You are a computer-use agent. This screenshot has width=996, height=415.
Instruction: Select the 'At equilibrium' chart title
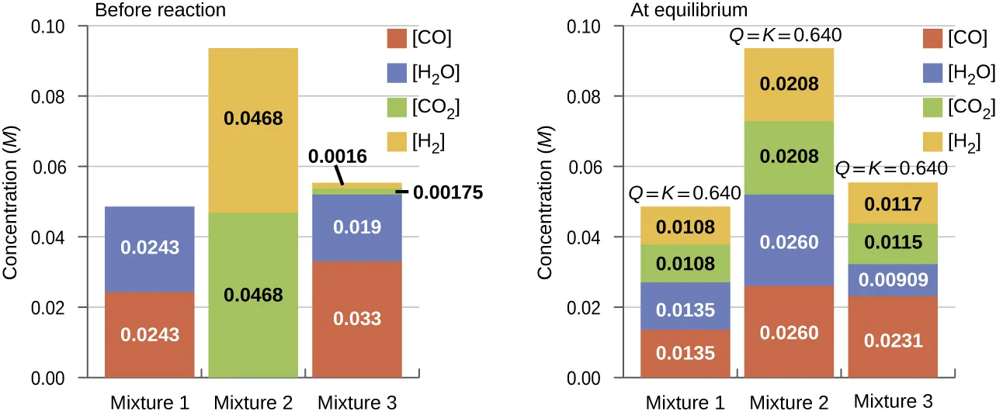pyautogui.click(x=688, y=11)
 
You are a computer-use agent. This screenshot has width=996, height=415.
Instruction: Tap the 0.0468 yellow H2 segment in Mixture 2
pyautogui.click(x=253, y=119)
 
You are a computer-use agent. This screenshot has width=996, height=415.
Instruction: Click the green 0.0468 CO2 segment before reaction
pyautogui.click(x=253, y=295)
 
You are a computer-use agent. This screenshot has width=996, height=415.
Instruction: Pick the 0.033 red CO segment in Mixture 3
pyautogui.click(x=358, y=318)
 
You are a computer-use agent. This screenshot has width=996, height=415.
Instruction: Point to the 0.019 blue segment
pyautogui.click(x=358, y=228)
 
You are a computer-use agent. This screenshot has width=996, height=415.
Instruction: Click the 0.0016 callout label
pyautogui.click(x=338, y=156)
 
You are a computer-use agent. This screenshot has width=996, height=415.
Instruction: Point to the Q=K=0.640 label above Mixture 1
pyautogui.click(x=684, y=193)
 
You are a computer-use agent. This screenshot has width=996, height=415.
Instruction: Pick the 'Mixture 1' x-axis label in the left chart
pyautogui.click(x=149, y=403)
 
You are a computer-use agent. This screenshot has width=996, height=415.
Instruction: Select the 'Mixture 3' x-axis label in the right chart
pyautogui.click(x=893, y=402)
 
